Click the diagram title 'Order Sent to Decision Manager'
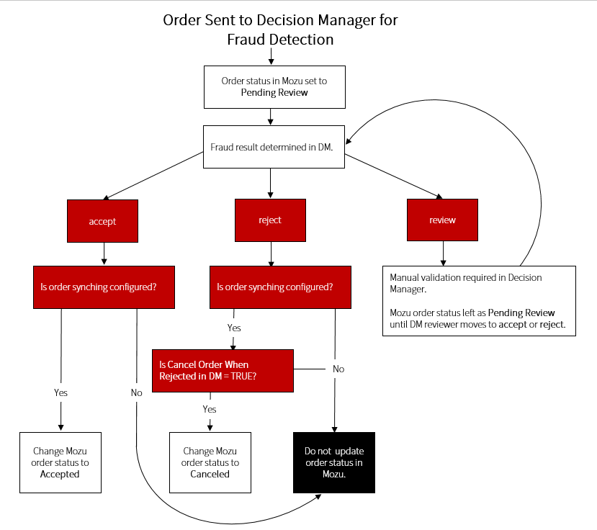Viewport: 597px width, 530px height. click(x=280, y=19)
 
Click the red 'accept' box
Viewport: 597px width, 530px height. click(x=102, y=220)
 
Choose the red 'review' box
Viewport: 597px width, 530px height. click(x=442, y=220)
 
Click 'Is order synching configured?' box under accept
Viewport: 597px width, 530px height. click(x=104, y=287)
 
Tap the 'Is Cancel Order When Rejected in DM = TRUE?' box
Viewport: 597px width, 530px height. click(x=223, y=370)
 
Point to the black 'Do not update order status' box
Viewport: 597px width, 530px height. click(x=333, y=462)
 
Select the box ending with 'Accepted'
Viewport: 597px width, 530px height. click(x=60, y=462)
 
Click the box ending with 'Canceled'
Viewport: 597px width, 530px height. click(x=210, y=462)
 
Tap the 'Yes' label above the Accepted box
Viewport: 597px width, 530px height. click(x=61, y=393)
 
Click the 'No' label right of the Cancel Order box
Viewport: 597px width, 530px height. click(x=338, y=369)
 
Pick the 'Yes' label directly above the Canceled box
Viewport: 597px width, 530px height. click(x=210, y=409)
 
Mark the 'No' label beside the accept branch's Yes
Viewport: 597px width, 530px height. click(x=136, y=393)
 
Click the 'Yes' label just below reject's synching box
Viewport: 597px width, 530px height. click(x=234, y=328)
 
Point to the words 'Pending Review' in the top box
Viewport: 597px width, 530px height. click(x=274, y=93)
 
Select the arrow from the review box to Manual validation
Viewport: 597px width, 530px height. click(x=442, y=253)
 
